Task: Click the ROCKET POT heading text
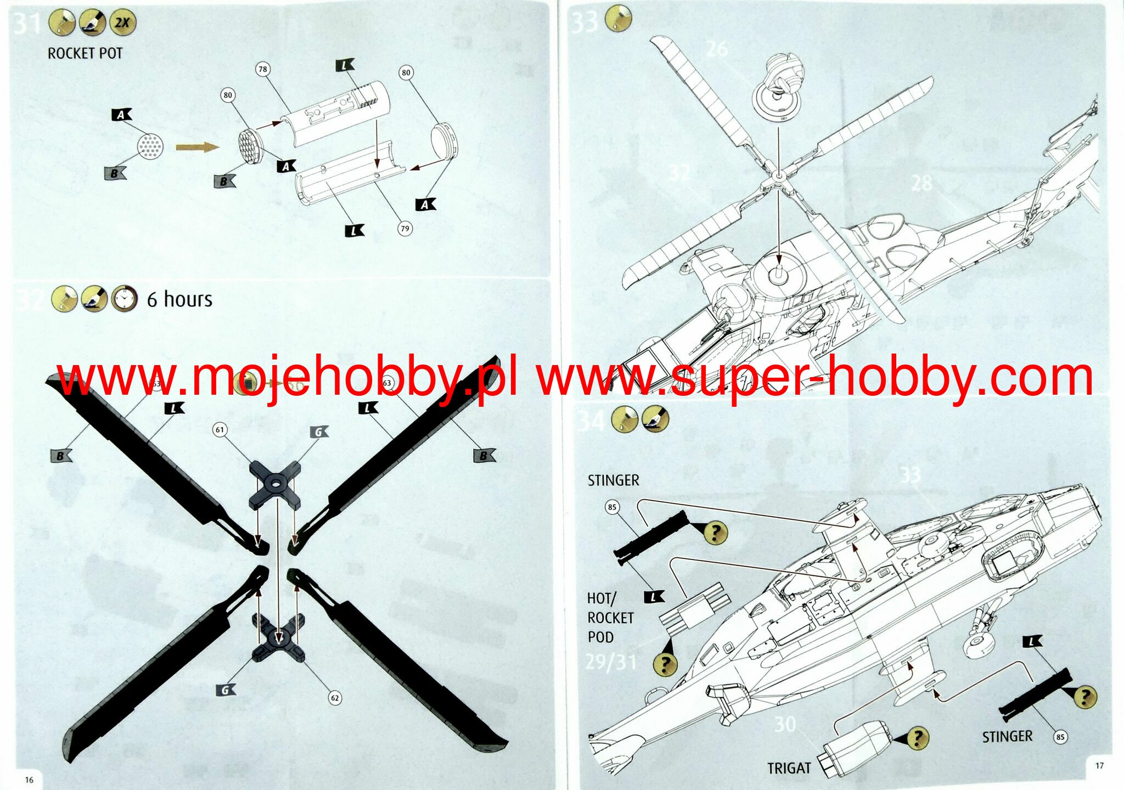pyautogui.click(x=85, y=53)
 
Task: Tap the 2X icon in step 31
pyautogui.click(x=122, y=23)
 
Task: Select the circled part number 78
pyautogui.click(x=263, y=69)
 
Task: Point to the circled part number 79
pyautogui.click(x=405, y=228)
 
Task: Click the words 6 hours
pyautogui.click(x=179, y=299)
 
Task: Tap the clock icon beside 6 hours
pyautogui.click(x=125, y=299)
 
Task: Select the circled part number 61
pyautogui.click(x=220, y=429)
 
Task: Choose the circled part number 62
pyautogui.click(x=335, y=698)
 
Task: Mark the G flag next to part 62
pyautogui.click(x=226, y=690)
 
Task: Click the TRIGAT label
pyautogui.click(x=789, y=768)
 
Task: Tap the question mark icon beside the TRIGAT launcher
pyautogui.click(x=917, y=738)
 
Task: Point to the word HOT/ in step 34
pyautogui.click(x=602, y=598)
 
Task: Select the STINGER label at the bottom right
pyautogui.click(x=1007, y=736)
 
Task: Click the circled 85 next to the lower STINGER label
pyautogui.click(x=1060, y=737)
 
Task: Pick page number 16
pyautogui.click(x=29, y=780)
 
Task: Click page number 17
pyautogui.click(x=1099, y=765)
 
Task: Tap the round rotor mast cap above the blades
pyautogui.click(x=778, y=88)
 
